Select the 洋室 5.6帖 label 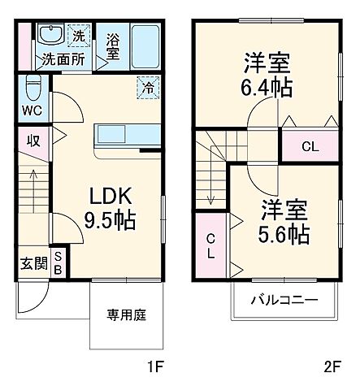click(x=284, y=221)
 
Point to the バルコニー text click(x=282, y=299)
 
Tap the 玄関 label click(x=32, y=264)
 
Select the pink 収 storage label click(x=33, y=141)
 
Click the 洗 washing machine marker click(x=79, y=36)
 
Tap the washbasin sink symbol click(x=50, y=35)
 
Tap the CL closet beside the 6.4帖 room click(x=310, y=146)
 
